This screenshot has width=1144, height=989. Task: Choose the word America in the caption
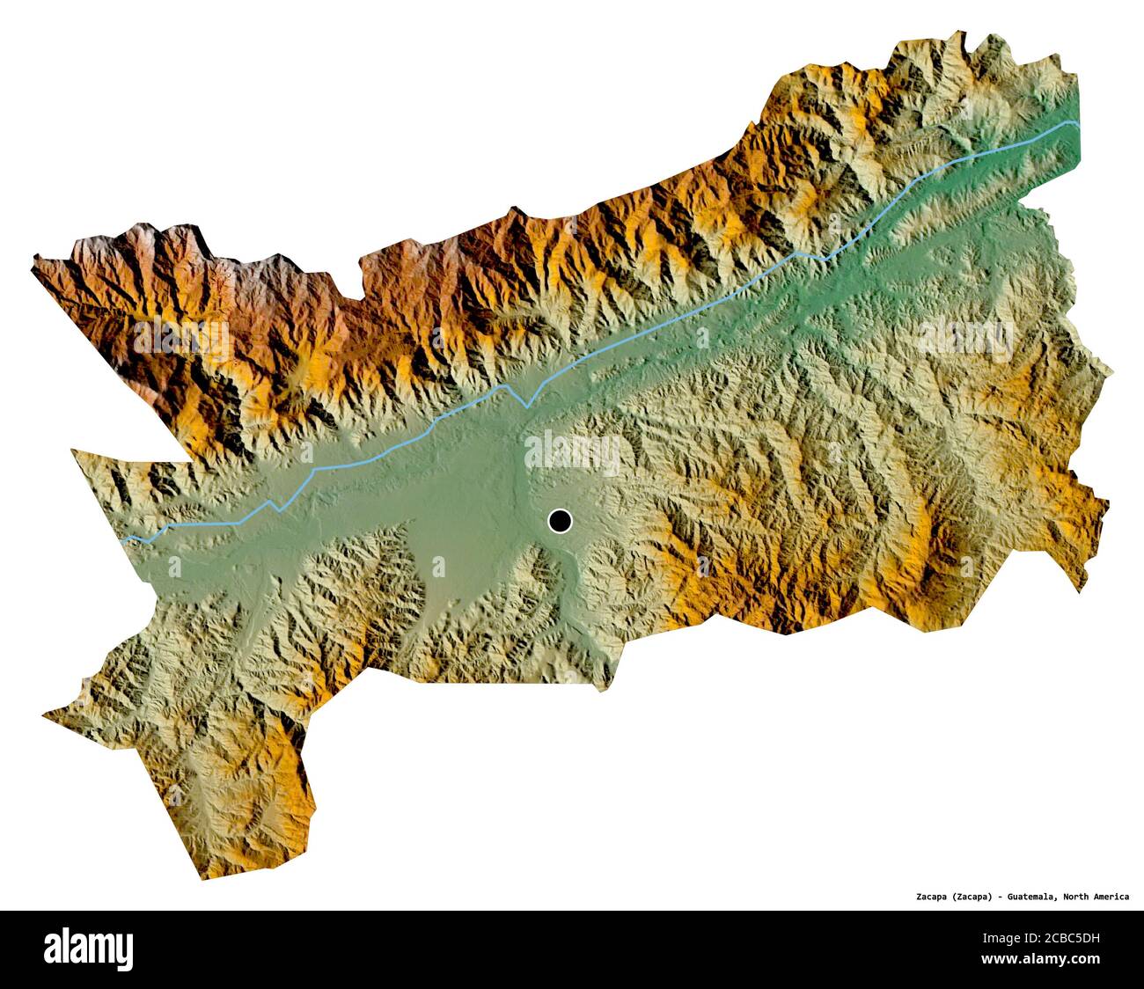pos(1113,897)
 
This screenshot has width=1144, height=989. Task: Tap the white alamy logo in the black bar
pos(88,949)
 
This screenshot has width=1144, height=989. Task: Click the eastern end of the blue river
pos(1077,124)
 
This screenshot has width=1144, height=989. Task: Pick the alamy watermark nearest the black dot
pos(572,454)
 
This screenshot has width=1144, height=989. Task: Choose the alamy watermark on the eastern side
pos(964,336)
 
